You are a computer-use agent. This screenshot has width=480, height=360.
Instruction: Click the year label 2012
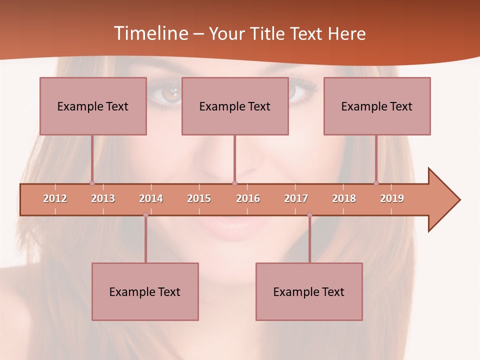coord(55,198)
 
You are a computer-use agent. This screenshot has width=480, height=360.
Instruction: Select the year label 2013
coord(103,198)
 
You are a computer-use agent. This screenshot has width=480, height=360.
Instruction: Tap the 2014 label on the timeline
coord(151,198)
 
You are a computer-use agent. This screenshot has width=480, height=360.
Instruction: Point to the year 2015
coord(199,198)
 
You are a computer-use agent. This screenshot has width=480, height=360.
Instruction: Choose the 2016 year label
coord(248,198)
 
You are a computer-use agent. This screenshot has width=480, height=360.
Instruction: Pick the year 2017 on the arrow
coord(296,198)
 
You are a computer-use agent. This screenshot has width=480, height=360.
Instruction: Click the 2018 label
coord(344,198)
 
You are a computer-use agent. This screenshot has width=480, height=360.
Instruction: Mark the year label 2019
coord(392,198)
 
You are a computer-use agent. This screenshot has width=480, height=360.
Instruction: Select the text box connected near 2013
coord(93,106)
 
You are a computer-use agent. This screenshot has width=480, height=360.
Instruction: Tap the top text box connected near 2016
coord(235,106)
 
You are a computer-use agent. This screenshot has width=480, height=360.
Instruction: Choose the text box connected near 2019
coord(377,106)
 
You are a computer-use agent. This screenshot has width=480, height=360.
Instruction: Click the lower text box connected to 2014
coord(145,291)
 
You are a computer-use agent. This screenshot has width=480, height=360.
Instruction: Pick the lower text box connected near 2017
coord(309,291)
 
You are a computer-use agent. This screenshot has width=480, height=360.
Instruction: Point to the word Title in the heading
coord(269,33)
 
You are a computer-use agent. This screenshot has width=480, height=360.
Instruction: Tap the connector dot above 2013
coord(92,183)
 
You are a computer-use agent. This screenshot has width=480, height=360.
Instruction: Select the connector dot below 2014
coord(145,215)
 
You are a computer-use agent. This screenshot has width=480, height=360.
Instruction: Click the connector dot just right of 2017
coord(309,215)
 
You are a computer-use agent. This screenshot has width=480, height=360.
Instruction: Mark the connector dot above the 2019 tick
coord(376,183)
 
